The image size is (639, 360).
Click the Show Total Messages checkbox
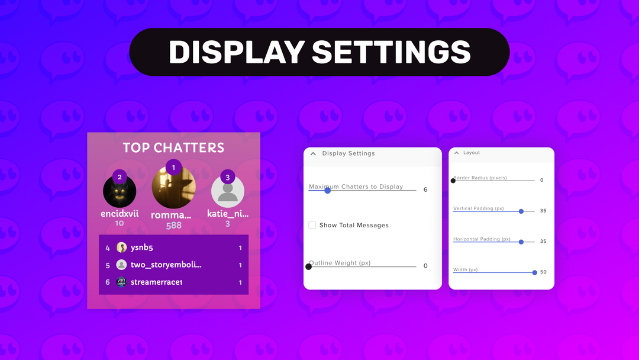(x=312, y=225)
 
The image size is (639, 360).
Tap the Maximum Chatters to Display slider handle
(x=327, y=190)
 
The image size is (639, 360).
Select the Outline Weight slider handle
(x=308, y=266)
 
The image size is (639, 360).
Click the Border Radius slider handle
(x=453, y=180)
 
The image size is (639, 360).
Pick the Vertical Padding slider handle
(x=521, y=211)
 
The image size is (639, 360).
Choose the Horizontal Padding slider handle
(x=521, y=242)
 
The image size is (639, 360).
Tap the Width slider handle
(x=535, y=272)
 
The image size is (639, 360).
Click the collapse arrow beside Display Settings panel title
(x=314, y=154)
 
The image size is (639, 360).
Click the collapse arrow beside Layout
(x=456, y=153)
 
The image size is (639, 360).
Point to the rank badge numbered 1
(x=173, y=168)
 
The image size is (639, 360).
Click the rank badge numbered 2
(x=120, y=177)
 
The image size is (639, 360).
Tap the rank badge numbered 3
(x=228, y=177)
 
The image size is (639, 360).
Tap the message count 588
(x=173, y=226)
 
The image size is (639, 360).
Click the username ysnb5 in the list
(x=142, y=248)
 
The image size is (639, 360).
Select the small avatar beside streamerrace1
(x=121, y=282)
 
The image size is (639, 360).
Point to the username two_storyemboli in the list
(x=166, y=265)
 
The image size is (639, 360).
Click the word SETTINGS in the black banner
(x=391, y=52)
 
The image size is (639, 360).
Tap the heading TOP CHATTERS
(x=173, y=148)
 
